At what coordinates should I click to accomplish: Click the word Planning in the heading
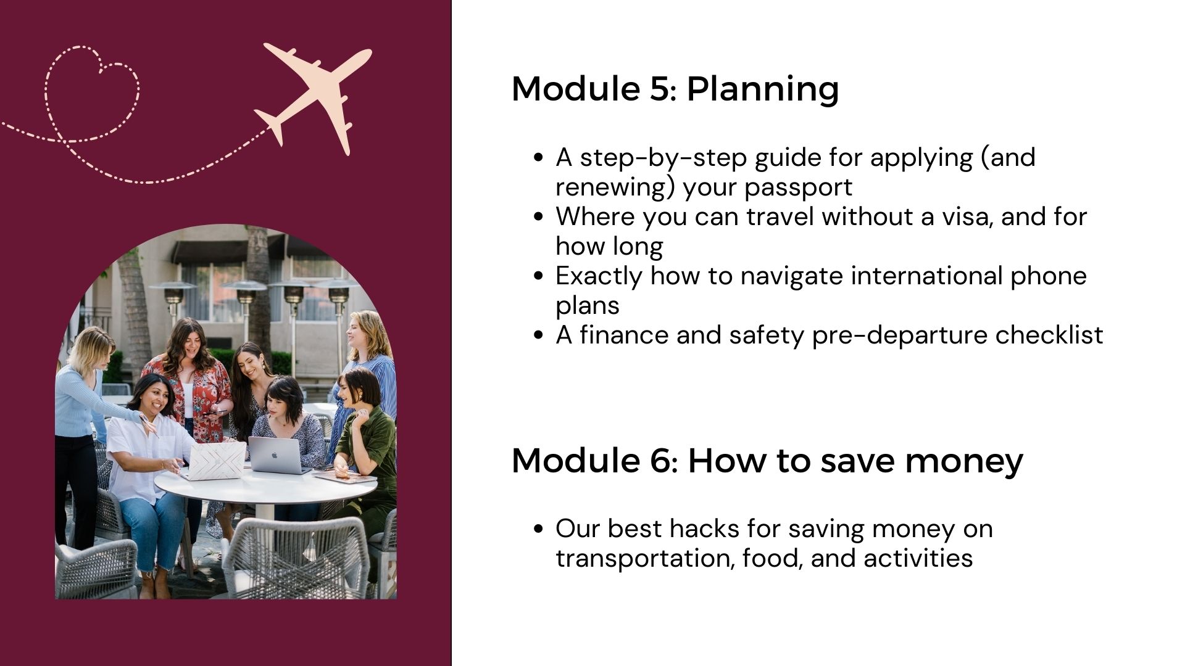[x=763, y=89]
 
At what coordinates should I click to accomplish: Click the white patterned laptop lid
[x=216, y=461]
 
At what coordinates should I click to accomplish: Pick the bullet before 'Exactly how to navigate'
[x=538, y=276]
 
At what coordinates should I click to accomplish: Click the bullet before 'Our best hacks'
[x=538, y=529]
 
